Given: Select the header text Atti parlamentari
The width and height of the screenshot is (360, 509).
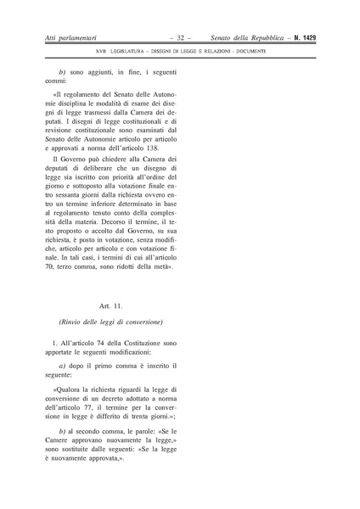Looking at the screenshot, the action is tap(72, 40).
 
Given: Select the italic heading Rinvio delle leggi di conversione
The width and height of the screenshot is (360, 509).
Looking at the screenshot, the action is tap(111, 322).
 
